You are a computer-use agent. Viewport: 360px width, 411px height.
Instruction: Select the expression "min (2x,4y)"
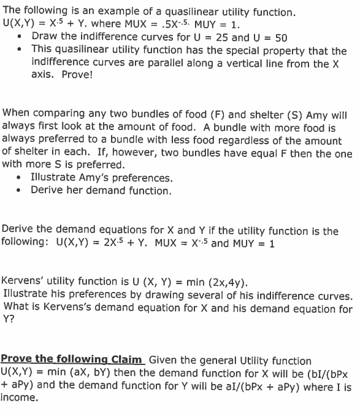point(214,282)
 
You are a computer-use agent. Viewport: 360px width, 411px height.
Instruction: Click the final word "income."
point(20,398)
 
